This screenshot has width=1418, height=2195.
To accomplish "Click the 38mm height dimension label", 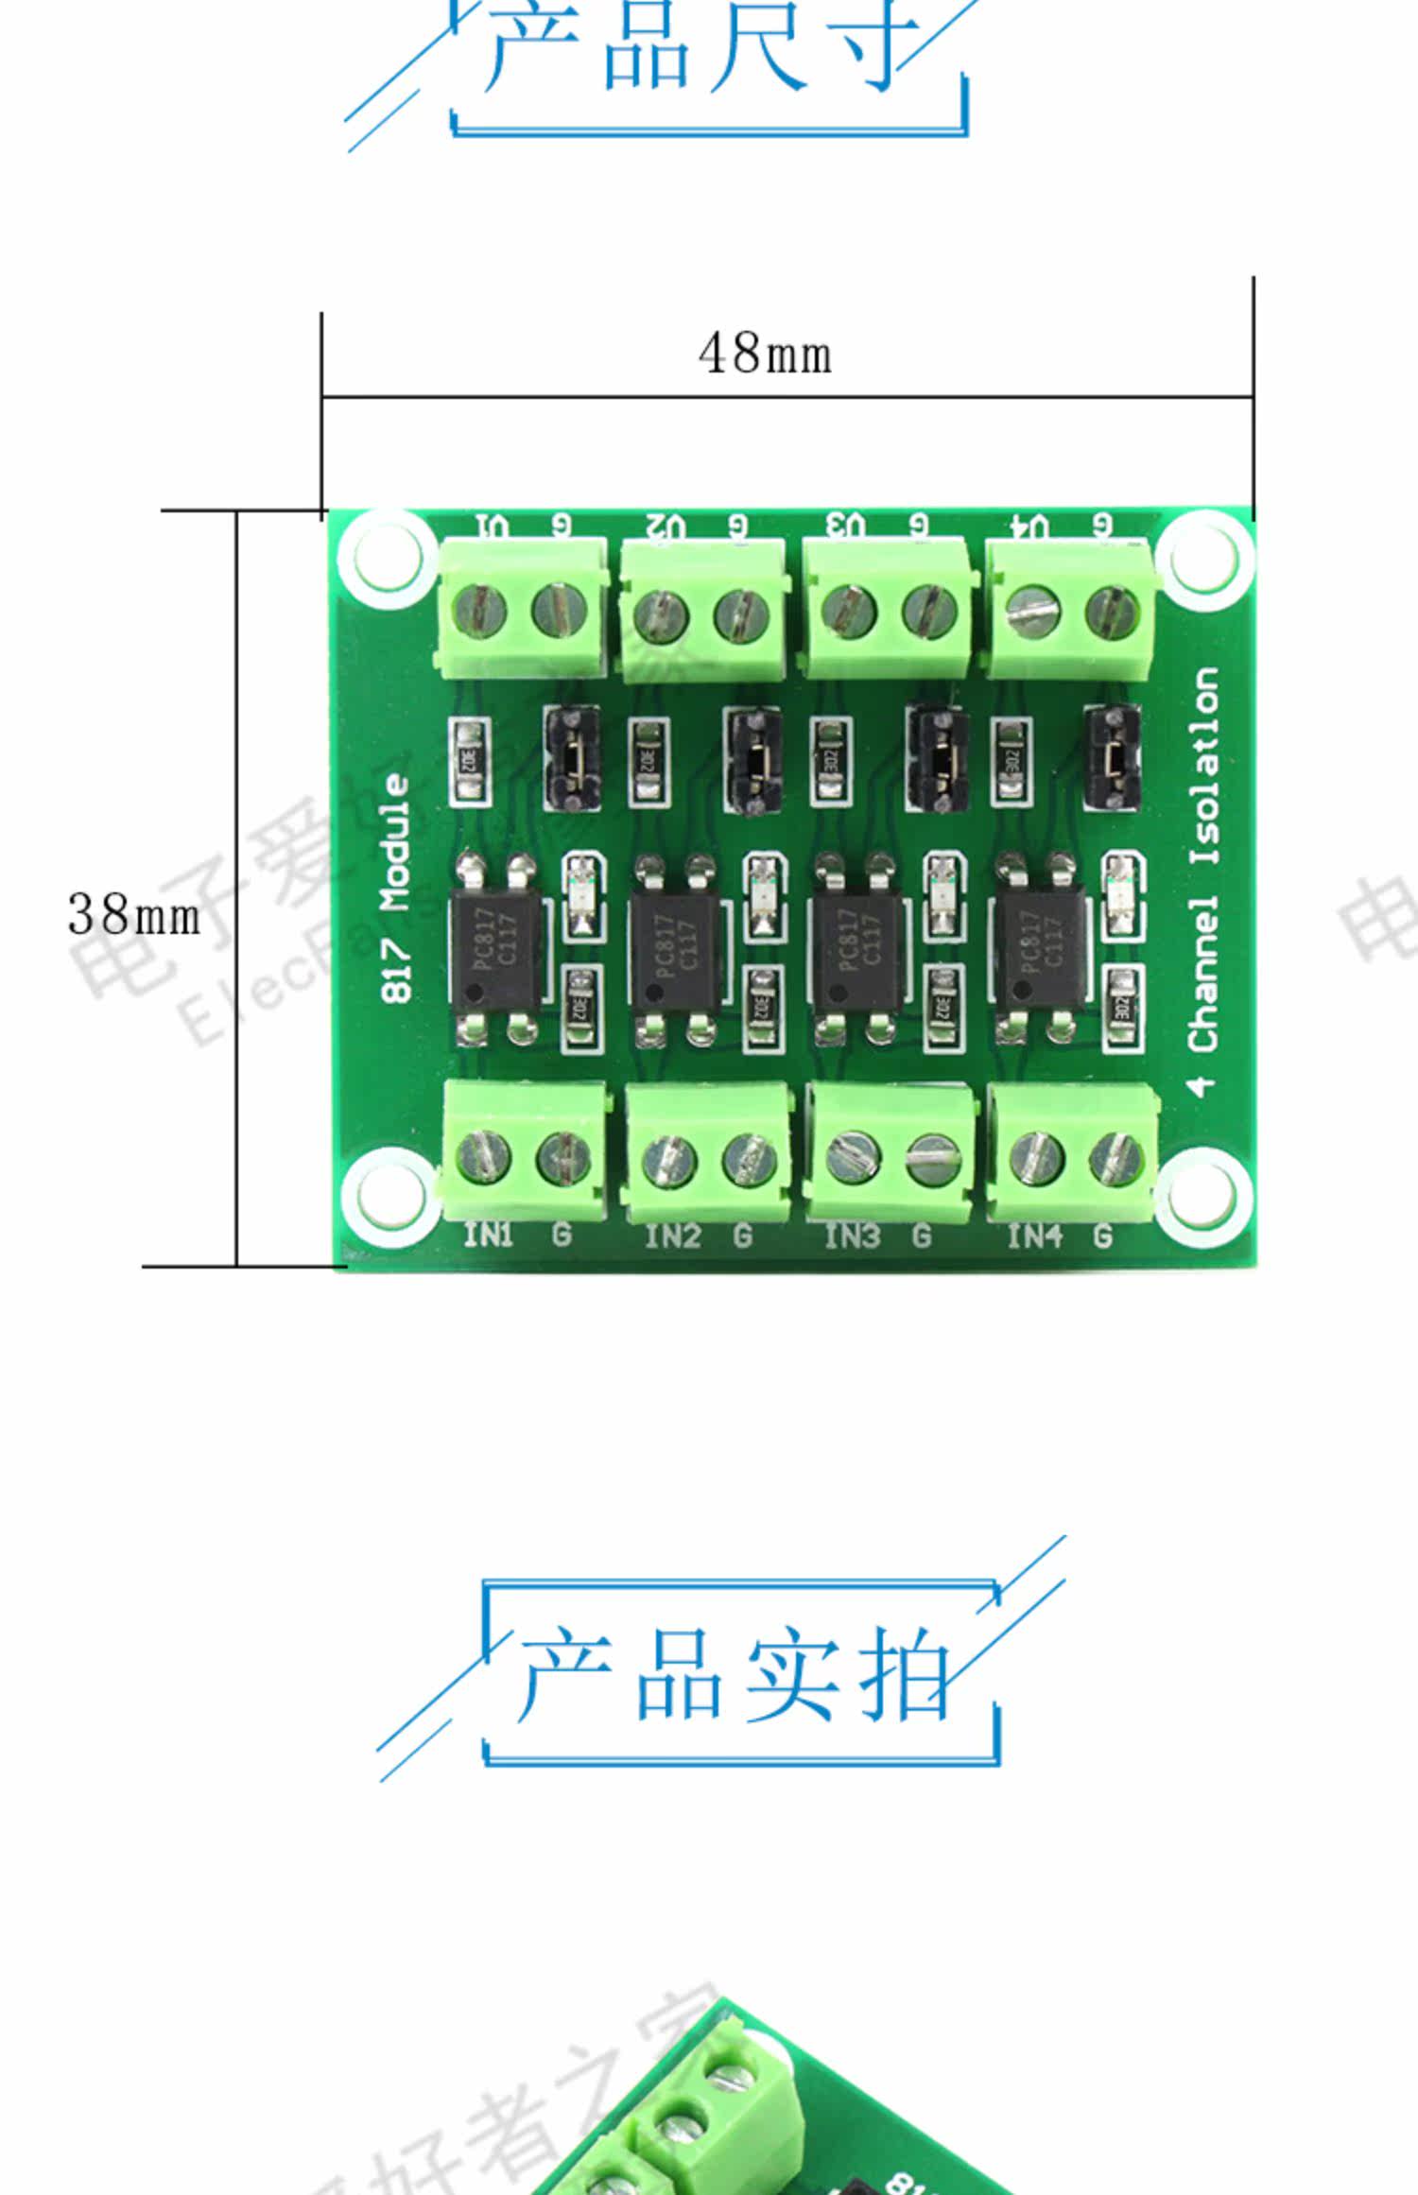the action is [133, 915].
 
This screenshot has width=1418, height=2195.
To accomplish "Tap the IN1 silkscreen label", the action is [488, 1235].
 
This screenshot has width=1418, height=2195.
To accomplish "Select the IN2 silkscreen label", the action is [672, 1236].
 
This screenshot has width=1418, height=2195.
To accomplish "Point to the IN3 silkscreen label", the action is [853, 1236].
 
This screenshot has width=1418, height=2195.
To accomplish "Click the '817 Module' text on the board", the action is [396, 889].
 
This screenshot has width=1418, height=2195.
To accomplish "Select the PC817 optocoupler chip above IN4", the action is [1038, 949].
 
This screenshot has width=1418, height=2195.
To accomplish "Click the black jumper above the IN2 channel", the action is [753, 762].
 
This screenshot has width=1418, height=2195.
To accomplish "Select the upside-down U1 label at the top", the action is [492, 525].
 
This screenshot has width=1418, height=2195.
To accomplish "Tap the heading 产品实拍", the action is [734, 1674].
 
